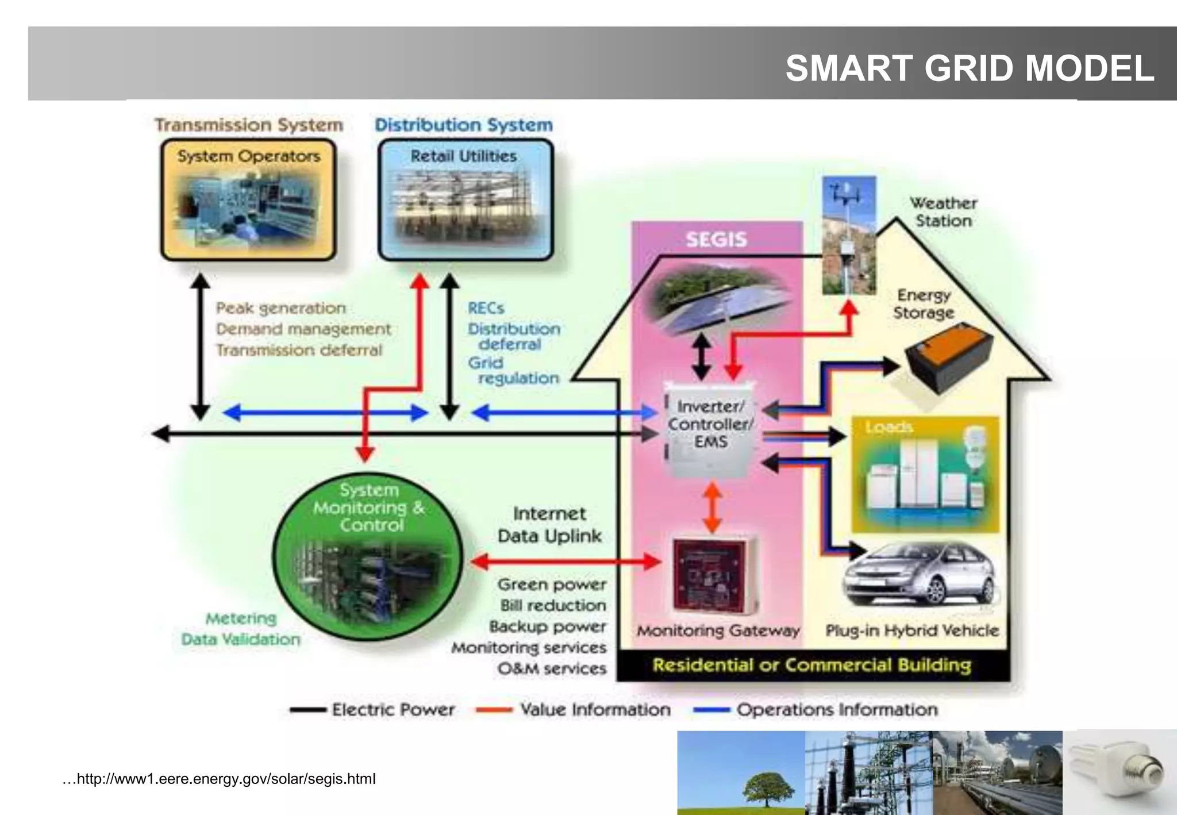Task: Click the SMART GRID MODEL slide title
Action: coord(969,68)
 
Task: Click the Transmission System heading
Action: coord(249,125)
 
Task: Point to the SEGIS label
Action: coord(716,239)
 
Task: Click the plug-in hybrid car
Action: coord(920,575)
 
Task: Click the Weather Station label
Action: coord(943,212)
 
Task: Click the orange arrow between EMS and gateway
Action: coord(713,507)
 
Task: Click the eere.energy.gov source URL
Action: coord(220,779)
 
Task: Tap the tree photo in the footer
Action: coord(741,772)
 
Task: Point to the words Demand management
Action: coord(303,329)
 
